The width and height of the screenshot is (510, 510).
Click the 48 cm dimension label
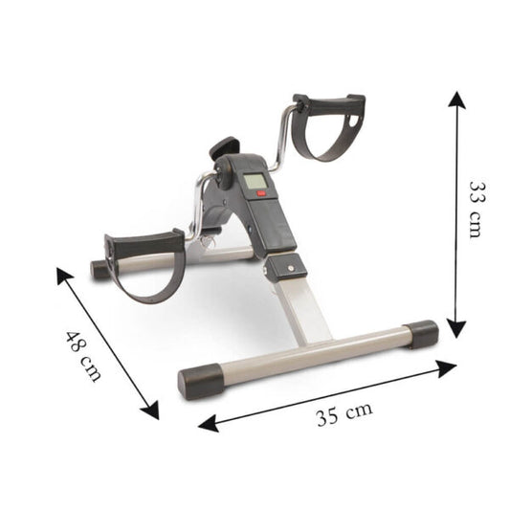pyautogui.click(x=83, y=356)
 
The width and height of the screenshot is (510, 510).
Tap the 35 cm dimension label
pyautogui.click(x=344, y=414)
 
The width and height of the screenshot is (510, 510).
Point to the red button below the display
pyautogui.click(x=261, y=194)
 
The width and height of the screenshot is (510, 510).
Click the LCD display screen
pyautogui.click(x=255, y=183)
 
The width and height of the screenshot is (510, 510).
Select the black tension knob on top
pyautogui.click(x=224, y=147)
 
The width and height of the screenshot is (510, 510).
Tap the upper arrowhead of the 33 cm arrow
pyautogui.click(x=457, y=100)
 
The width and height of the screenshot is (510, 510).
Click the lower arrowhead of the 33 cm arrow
pyautogui.click(x=456, y=328)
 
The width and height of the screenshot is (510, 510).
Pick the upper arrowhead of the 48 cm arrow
pyautogui.click(x=64, y=276)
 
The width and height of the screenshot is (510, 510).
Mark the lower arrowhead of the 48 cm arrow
pyautogui.click(x=150, y=410)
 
